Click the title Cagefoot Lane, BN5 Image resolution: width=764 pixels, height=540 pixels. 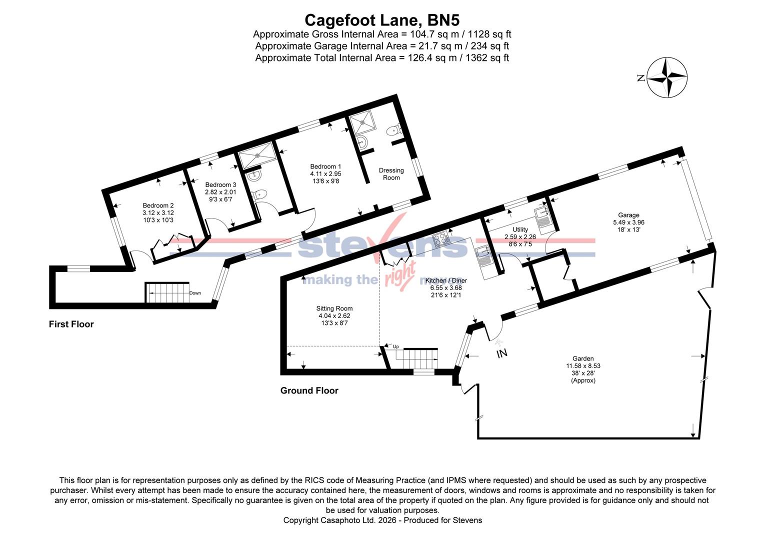click(382, 20)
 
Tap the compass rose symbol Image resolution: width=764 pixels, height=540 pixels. click(667, 77)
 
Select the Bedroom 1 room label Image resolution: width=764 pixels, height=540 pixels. click(325, 173)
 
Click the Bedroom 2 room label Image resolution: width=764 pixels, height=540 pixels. click(158, 212)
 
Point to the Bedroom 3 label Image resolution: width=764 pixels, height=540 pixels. click(220, 191)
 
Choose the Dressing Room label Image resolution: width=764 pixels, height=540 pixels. click(391, 173)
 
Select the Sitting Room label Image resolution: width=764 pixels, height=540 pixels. click(334, 315)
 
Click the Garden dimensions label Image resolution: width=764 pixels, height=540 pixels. click(583, 369)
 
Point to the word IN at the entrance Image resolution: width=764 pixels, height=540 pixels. click(501, 353)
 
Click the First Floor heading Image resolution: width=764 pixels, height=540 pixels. click(71, 324)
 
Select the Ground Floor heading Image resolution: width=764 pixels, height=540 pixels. click(309, 390)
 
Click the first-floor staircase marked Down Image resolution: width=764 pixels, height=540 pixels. click(166, 292)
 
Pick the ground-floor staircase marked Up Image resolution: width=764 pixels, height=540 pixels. click(419, 357)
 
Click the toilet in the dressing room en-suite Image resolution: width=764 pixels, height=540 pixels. click(393, 131)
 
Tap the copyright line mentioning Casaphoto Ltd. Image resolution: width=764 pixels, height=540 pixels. click(382, 520)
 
